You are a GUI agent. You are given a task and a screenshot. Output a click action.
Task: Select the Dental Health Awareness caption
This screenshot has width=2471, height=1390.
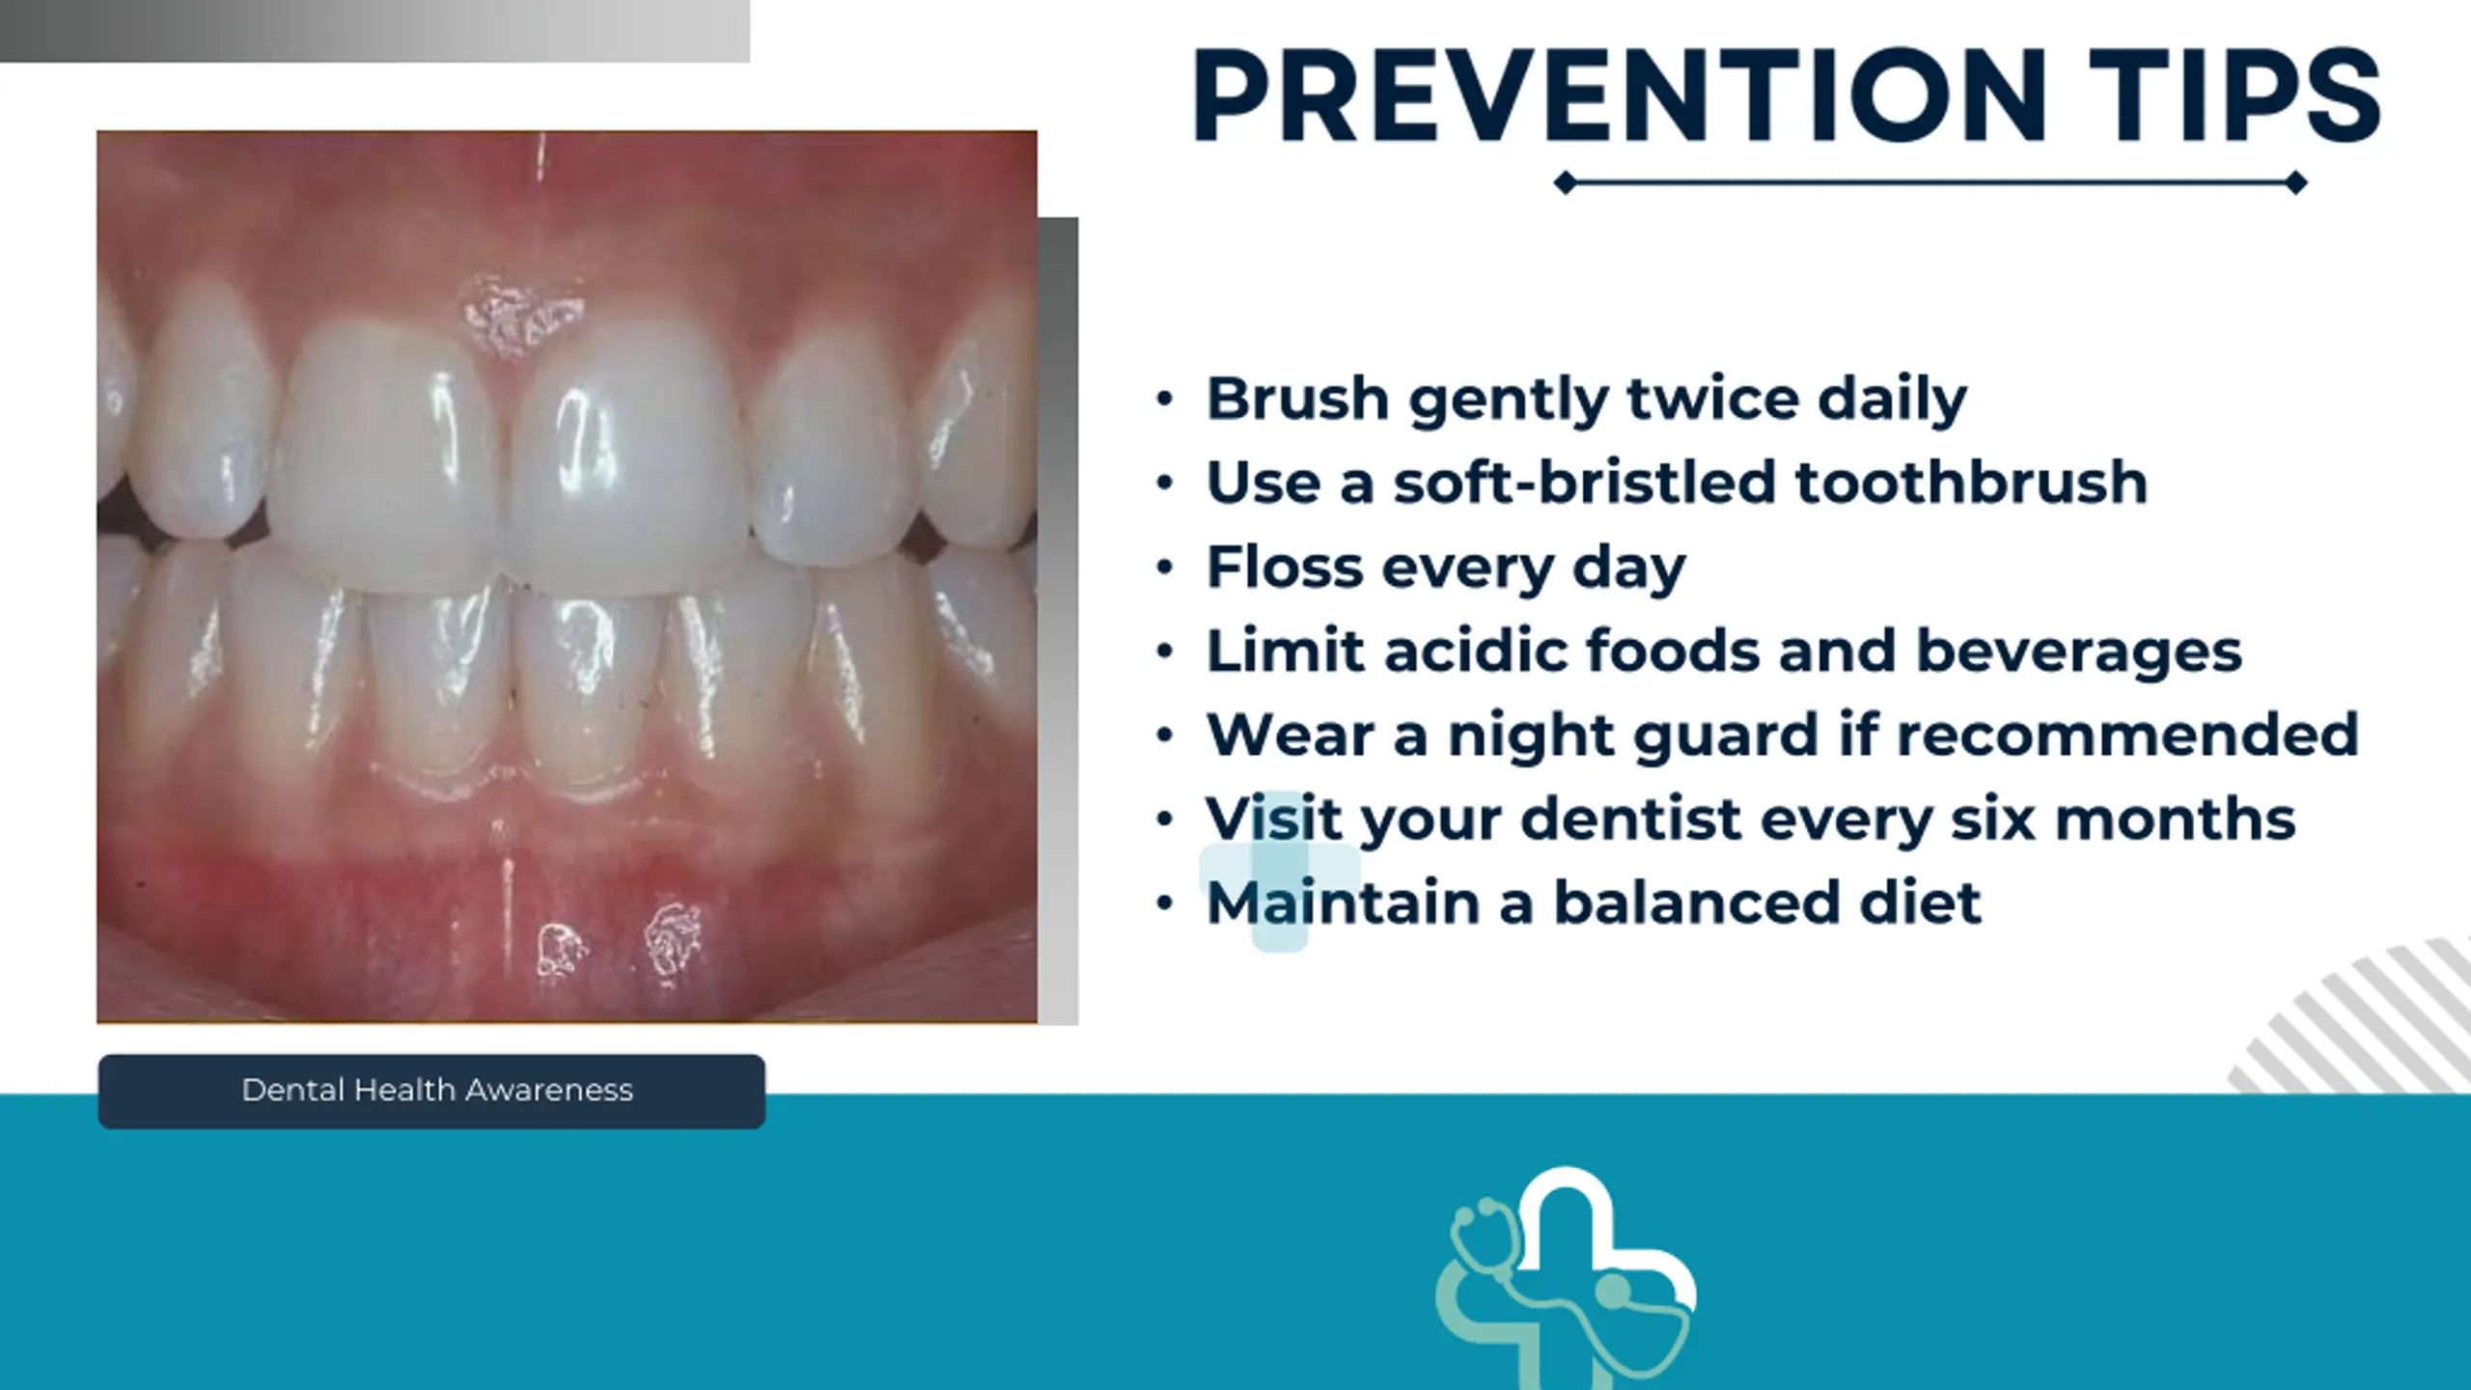437,1091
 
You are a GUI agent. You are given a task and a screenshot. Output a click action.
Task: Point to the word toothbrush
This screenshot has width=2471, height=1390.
1971,482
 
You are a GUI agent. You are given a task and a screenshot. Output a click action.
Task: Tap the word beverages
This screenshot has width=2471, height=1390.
2078,653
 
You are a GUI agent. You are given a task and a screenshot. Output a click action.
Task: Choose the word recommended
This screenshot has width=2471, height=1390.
2128,735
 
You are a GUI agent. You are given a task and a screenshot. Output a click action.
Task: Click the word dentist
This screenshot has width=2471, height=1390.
1631,819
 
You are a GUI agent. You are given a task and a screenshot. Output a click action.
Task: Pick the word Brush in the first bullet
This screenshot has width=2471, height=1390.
1297,398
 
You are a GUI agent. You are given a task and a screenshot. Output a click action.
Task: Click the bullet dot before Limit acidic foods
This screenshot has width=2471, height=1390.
1165,652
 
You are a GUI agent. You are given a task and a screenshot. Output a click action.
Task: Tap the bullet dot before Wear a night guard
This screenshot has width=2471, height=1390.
1165,736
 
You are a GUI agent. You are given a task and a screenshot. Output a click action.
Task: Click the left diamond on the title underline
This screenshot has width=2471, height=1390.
1566,182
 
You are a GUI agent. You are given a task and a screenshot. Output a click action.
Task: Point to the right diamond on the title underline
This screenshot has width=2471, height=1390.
2296,182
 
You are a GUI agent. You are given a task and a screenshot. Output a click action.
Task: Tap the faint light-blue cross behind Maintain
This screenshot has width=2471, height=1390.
1279,872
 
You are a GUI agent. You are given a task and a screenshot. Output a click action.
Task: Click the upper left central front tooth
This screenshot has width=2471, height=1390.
386,454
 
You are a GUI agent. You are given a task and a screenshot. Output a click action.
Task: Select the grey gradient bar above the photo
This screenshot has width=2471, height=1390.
375,31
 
